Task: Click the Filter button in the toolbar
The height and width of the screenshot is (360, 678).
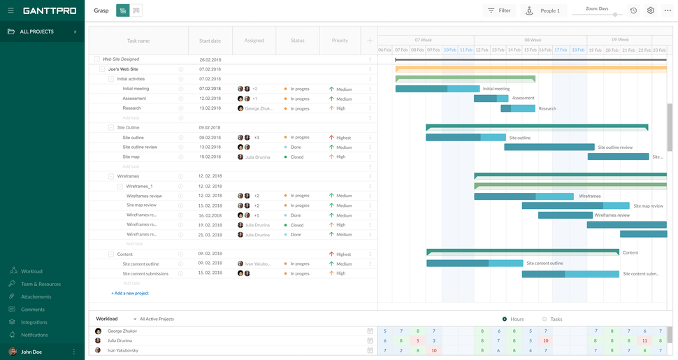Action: tap(499, 10)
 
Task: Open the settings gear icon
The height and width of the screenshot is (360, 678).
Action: tap(651, 10)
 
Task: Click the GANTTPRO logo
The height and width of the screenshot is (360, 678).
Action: tap(50, 10)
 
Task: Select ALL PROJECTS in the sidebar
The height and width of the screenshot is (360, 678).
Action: tap(37, 31)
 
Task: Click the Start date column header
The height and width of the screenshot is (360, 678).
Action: tap(210, 41)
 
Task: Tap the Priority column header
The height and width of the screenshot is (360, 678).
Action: tap(340, 41)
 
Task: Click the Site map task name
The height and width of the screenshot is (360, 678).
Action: tap(131, 157)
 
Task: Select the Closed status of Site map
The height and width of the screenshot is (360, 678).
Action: tap(296, 157)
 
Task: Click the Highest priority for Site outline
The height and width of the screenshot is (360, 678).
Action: tap(342, 138)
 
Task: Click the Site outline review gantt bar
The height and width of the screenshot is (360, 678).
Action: tap(549, 147)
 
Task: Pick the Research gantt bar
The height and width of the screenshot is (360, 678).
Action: tap(517, 108)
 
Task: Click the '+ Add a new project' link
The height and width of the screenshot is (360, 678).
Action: tap(130, 293)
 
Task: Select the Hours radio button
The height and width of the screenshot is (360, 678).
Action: tap(505, 319)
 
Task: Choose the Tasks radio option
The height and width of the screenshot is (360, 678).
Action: tap(544, 319)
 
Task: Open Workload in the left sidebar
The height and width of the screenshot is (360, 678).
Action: tap(31, 271)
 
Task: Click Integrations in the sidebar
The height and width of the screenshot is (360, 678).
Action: tap(34, 322)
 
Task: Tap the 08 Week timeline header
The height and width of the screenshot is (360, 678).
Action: tap(533, 40)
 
